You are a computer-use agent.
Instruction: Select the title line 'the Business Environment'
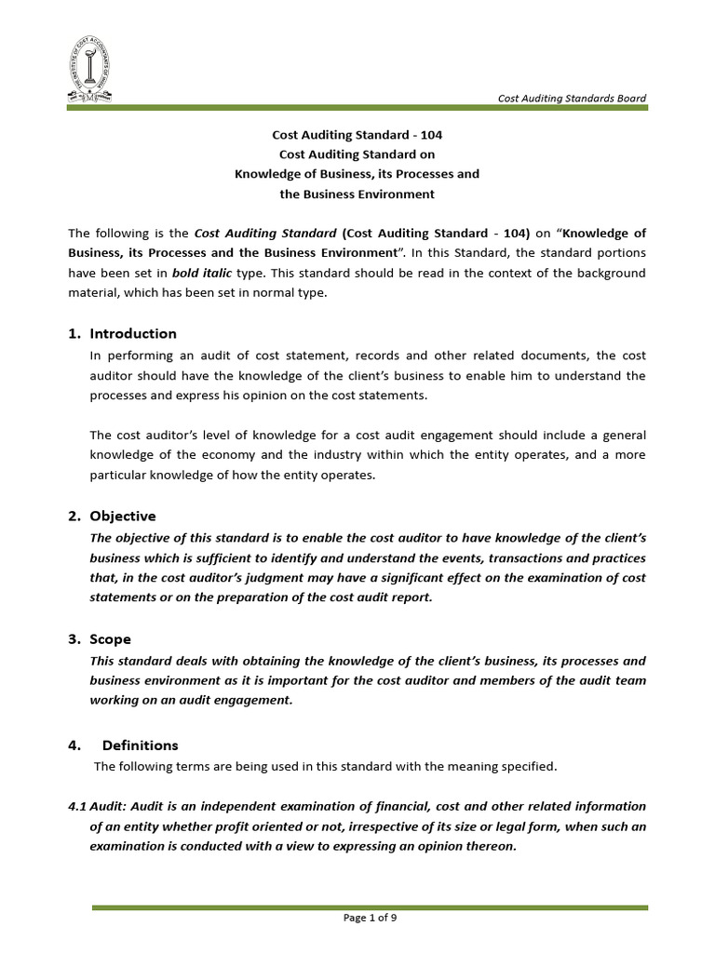tap(357, 195)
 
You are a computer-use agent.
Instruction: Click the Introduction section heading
tap(133, 333)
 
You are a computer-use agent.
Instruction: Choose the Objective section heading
tap(123, 516)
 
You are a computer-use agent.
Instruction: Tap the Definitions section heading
tap(140, 745)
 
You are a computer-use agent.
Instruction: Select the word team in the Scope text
tap(630, 680)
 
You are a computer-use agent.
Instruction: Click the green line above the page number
tap(370, 906)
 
